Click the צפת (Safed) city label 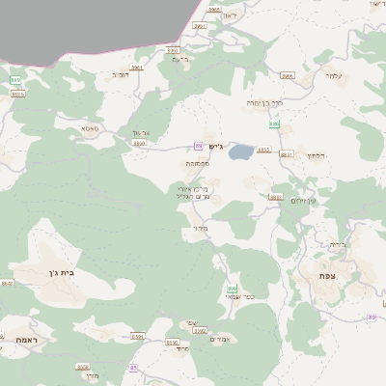pos(326,276)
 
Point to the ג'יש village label pos(215,147)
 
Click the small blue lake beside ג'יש pos(240,152)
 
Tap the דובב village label pos(121,73)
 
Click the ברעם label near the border pos(179,59)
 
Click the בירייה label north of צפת pos(337,244)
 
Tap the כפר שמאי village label pos(233,297)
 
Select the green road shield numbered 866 pos(232,288)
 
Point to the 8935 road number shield pos(276,197)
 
